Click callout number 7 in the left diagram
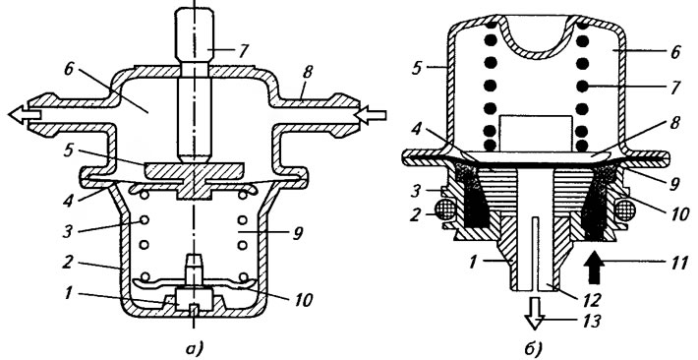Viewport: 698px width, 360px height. tap(243, 52)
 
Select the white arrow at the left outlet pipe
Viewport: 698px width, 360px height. tap(25, 115)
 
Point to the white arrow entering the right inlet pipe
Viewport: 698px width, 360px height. tap(371, 116)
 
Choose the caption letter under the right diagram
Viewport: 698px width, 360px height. tap(533, 348)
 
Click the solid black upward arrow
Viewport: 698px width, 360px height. tap(597, 268)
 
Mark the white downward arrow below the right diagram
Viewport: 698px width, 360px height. tap(534, 313)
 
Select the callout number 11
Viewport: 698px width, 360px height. tap(679, 263)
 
